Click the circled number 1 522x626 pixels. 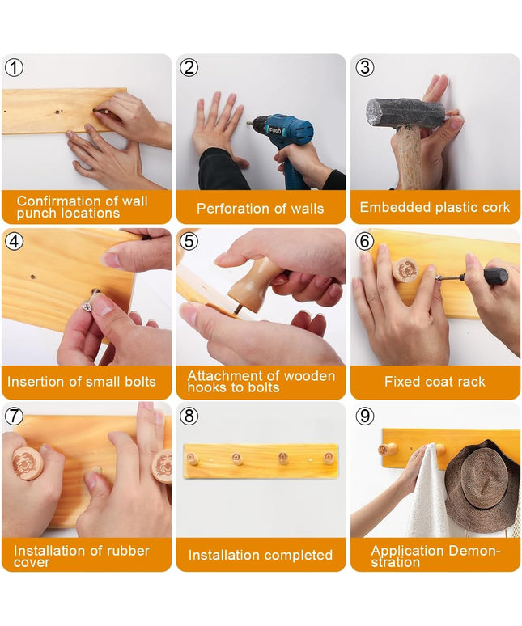pos(14,67)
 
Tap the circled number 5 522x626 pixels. pos(189,241)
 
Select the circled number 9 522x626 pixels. pos(365,416)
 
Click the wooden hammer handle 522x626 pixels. pos(408,158)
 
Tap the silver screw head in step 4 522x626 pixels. pos(87,307)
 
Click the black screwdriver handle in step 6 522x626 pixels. pos(494,277)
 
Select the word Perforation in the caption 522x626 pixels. pos(232,209)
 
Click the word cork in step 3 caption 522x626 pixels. pos(494,207)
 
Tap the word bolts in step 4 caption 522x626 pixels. pos(140,381)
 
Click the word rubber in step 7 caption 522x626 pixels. pos(130,551)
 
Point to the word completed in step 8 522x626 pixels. pos(298,555)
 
